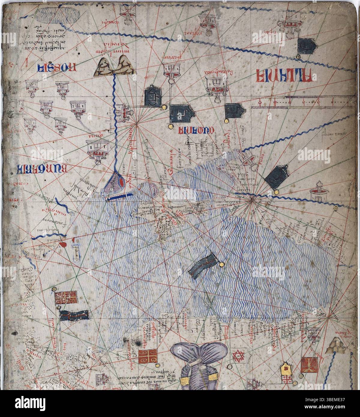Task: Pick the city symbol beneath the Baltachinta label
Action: (x=215, y=85)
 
